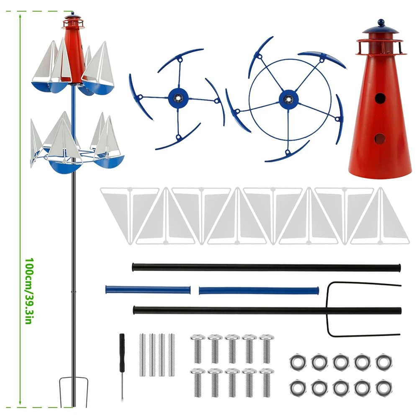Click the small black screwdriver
coord(122,366)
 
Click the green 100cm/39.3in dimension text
coord(29,291)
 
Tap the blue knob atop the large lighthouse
coord(381,21)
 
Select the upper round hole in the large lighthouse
coord(380,99)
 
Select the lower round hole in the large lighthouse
coord(380,139)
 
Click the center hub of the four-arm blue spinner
coord(178,98)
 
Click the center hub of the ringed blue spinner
coord(288,99)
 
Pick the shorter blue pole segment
coord(148,290)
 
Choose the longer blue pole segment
coord(259,290)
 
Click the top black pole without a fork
coord(266,267)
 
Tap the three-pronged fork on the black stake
coord(363,309)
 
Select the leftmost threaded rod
coord(142,355)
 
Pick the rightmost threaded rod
coord(172,355)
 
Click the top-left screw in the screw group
coord(198,348)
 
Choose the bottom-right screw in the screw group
coord(267,382)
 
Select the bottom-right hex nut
coord(384,388)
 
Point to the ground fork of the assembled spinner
coord(74,391)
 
